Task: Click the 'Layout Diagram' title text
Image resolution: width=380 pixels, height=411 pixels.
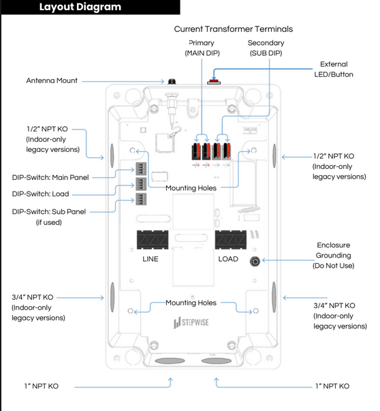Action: (x=80, y=7)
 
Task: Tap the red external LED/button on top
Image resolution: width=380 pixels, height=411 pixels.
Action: (x=214, y=81)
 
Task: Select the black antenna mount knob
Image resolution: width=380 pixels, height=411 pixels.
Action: (x=172, y=81)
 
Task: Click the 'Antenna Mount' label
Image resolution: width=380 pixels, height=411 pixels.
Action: (x=52, y=80)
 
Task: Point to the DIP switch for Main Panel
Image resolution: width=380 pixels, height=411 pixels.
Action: (x=141, y=168)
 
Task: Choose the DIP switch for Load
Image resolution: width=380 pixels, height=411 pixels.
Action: (x=141, y=184)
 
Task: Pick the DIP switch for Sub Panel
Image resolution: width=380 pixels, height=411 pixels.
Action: (x=141, y=199)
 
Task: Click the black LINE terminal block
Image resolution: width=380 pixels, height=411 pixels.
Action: (x=153, y=239)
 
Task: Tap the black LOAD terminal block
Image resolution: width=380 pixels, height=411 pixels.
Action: (x=231, y=239)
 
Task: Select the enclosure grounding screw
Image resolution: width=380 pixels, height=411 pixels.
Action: (x=255, y=261)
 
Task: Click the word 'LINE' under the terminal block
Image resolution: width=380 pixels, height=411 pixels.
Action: (x=151, y=259)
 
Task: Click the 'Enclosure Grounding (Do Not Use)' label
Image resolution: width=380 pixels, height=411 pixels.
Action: (x=334, y=256)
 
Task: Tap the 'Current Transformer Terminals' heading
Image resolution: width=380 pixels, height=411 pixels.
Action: (x=234, y=29)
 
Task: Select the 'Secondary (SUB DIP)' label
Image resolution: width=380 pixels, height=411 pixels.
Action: (x=266, y=48)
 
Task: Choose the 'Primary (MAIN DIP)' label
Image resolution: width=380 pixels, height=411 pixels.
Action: (x=202, y=48)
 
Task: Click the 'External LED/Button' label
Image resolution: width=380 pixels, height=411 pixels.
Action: (x=334, y=70)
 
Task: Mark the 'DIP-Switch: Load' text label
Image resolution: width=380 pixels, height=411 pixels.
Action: (x=41, y=194)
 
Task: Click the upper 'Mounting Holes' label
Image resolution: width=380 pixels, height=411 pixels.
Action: (x=191, y=188)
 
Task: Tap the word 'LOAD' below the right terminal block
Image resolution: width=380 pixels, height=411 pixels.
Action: (x=228, y=259)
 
